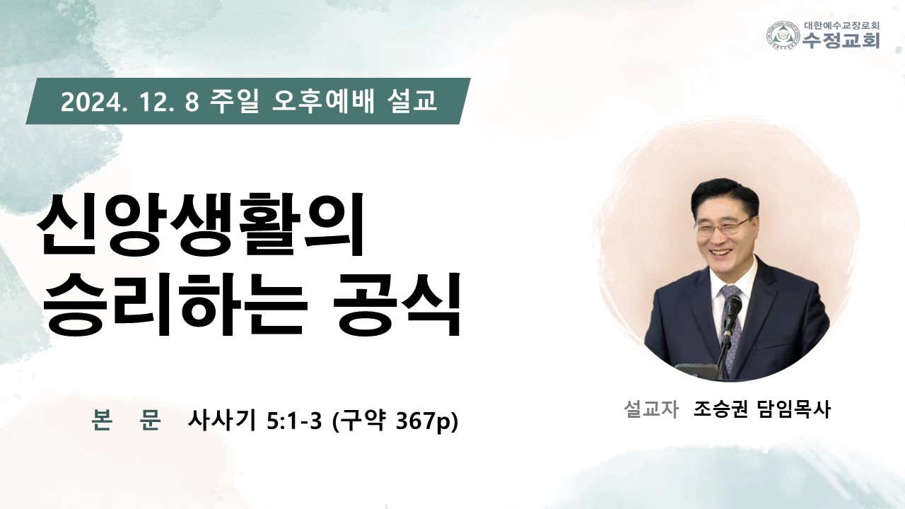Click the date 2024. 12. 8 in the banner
pos(130,101)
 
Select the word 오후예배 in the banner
pos(323,101)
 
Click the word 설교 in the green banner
pos(411,101)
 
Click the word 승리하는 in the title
pos(173,305)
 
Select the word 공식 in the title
pos(397,305)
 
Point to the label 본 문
pos(126,421)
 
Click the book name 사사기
pos(222,421)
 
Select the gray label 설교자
pos(651,409)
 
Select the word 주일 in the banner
pos(234,101)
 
